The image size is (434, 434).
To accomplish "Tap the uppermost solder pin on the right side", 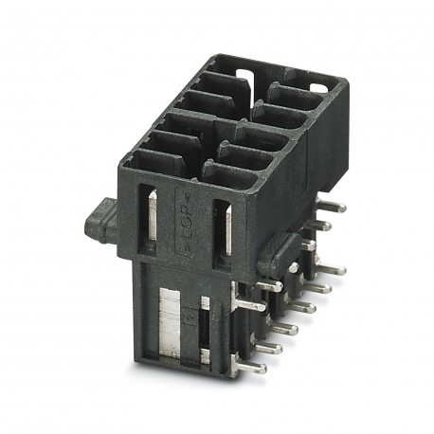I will click(334, 205).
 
